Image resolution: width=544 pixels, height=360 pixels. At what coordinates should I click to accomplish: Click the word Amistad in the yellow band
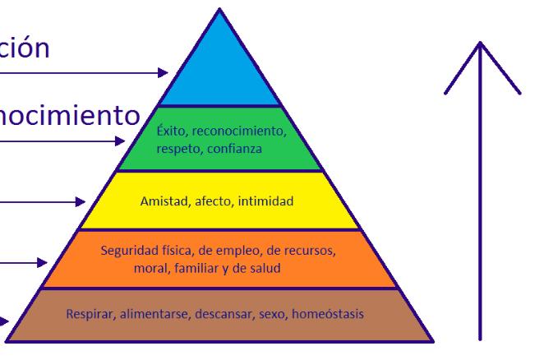(163, 201)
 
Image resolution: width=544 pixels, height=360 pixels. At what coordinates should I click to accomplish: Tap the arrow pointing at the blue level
(82, 72)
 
